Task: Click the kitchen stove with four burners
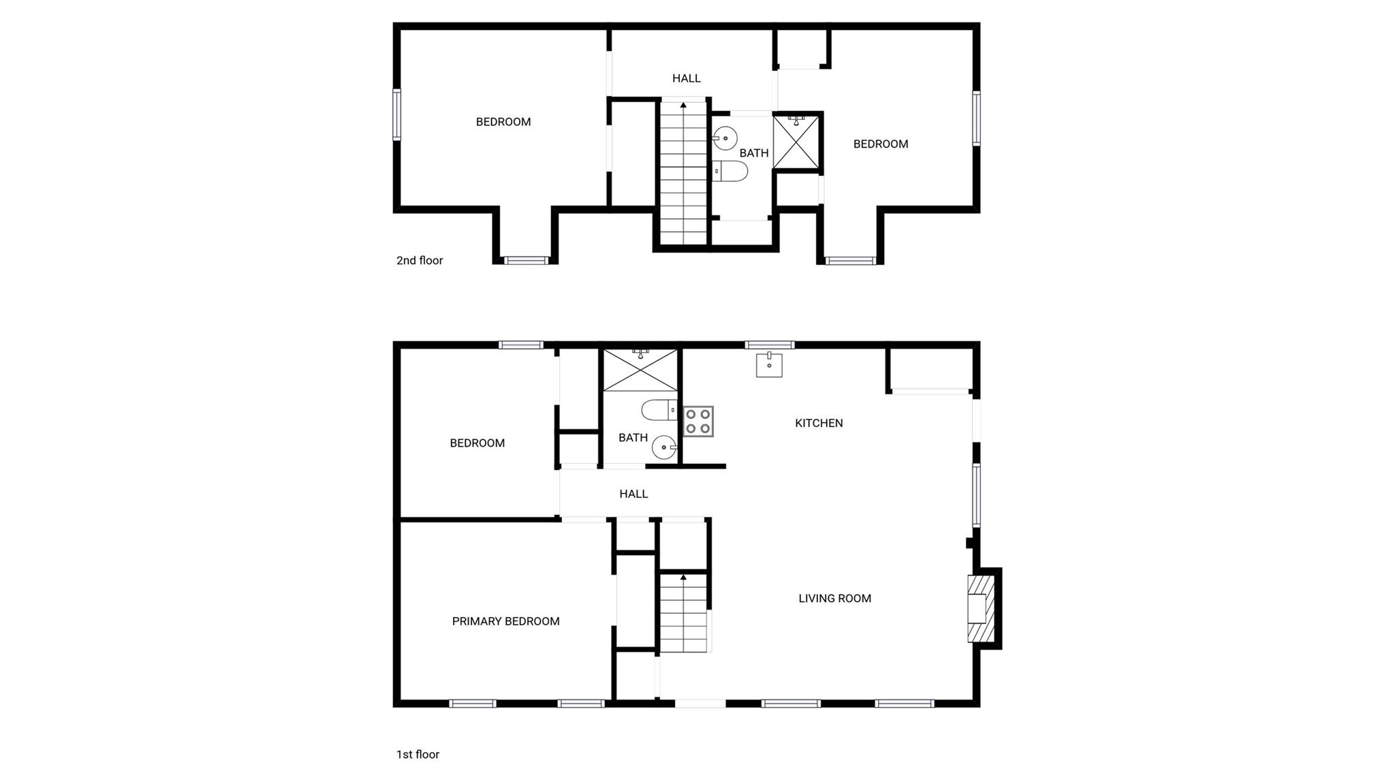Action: point(698,421)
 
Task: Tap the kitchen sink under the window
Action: point(769,365)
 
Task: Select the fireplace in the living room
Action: point(981,608)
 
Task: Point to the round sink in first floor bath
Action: point(664,448)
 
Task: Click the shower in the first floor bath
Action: point(640,370)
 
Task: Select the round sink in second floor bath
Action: point(725,138)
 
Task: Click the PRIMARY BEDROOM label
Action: point(505,621)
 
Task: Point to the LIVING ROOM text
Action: point(834,599)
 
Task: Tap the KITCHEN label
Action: point(819,423)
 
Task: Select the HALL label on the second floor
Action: point(686,78)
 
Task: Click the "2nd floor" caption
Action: point(420,260)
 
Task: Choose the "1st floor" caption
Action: point(418,754)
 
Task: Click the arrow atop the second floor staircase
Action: point(683,105)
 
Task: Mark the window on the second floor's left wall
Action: point(396,114)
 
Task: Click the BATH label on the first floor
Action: point(633,437)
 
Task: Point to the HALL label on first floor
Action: point(633,494)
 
